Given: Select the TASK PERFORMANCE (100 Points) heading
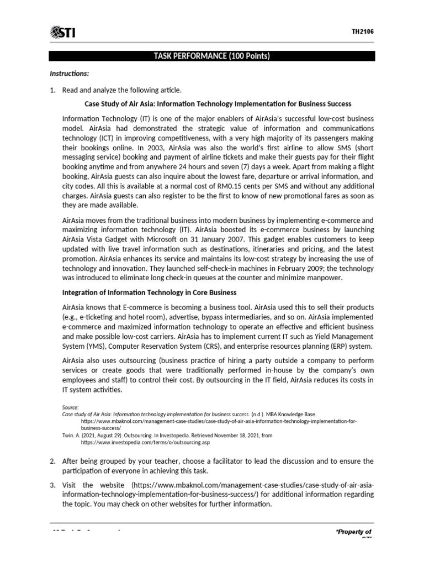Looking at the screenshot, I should pos(212,56).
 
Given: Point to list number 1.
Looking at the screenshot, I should pos(52,90).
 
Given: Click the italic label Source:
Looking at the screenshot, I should pos(71,407).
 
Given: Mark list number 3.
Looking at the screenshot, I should pos(52,485).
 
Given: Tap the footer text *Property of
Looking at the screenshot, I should pos(354,532).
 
